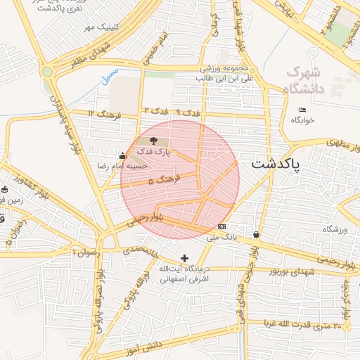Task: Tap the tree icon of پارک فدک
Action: coord(154,141)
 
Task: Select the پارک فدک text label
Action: coord(154,151)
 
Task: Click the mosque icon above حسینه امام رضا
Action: coord(123,156)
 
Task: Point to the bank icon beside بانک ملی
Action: coord(222,226)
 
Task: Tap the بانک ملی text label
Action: coord(222,238)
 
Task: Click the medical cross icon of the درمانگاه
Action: coord(185,259)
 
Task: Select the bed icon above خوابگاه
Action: coord(303,110)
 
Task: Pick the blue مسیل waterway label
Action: coord(110,76)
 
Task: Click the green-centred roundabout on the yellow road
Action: coord(47,72)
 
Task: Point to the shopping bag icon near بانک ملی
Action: coord(256,235)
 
